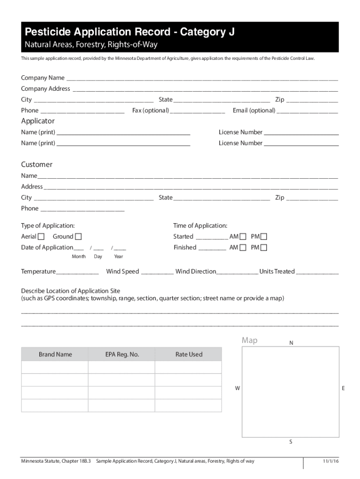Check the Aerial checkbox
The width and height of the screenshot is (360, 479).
tap(42, 237)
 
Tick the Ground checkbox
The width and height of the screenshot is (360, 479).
tap(78, 237)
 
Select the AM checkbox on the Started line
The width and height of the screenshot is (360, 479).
tap(243, 237)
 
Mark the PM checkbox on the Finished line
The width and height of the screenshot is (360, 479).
tap(264, 247)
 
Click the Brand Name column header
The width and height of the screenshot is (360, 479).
tap(55, 354)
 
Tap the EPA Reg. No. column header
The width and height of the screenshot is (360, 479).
tap(122, 354)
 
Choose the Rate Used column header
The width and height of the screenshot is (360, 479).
tap(189, 354)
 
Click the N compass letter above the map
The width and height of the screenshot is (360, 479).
tap(291, 343)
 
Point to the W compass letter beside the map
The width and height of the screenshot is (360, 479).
tap(238, 388)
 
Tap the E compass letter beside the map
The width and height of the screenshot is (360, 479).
tap(343, 388)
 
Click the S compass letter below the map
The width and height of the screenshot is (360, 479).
tap(291, 442)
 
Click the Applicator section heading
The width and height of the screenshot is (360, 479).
tap(38, 121)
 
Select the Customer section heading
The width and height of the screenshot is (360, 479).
tap(36, 165)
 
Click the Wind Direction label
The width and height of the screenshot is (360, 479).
tap(196, 271)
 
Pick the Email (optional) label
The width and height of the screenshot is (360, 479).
tap(254, 110)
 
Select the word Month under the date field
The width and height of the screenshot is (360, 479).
tap(79, 256)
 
